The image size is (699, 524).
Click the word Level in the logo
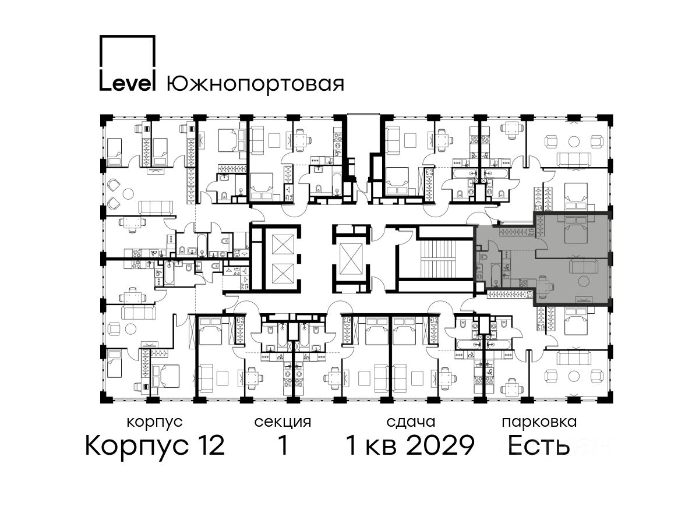128,83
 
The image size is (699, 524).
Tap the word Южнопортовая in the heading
255,84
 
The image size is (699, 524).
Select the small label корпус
155,423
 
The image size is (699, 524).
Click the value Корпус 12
155,445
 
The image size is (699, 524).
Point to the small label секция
283,422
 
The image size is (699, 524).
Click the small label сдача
411,422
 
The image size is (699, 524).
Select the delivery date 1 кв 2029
411,445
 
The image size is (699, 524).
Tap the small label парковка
539,422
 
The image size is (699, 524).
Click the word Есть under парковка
538,445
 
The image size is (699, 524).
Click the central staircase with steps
446,259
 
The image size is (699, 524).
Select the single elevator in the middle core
351,259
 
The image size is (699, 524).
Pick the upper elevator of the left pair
283,245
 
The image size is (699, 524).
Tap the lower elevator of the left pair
283,274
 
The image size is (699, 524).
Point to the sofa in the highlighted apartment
581,265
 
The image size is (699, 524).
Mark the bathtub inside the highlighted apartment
496,275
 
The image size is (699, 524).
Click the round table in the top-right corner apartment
574,141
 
